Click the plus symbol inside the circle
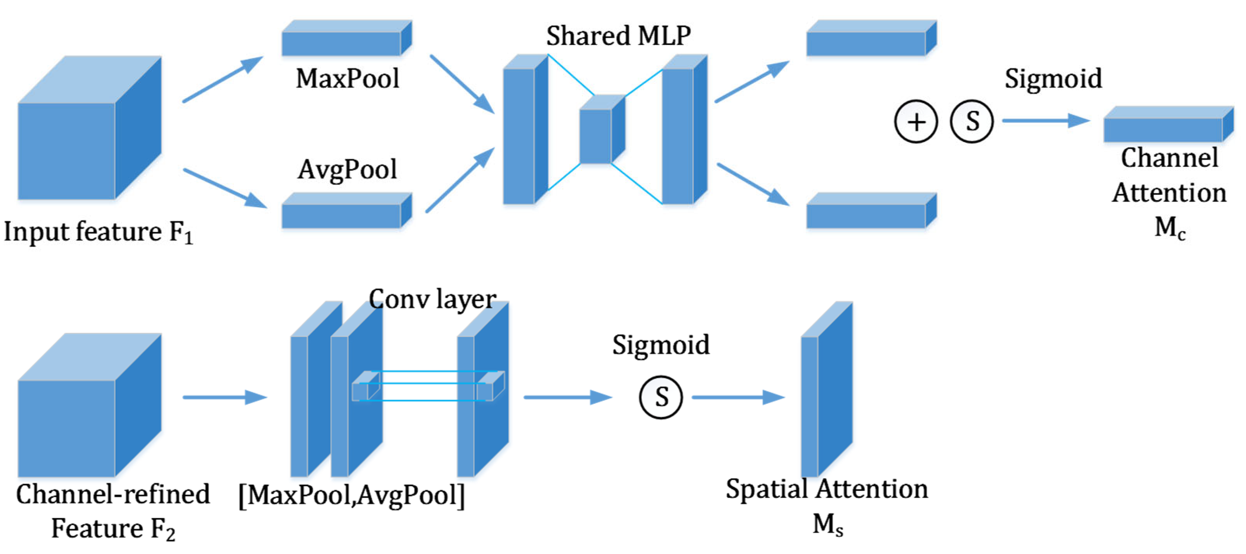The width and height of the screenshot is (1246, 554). [916, 121]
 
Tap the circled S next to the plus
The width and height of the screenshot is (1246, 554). [972, 121]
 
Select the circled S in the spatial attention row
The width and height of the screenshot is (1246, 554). [661, 398]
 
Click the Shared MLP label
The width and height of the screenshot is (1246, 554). [618, 36]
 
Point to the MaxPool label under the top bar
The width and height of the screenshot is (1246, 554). [347, 78]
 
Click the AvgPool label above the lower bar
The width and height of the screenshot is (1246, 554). [347, 169]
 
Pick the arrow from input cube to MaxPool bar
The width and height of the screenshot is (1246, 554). [223, 79]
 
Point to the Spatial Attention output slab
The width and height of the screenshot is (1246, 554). [825, 392]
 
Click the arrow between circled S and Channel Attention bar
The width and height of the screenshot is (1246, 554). [1045, 121]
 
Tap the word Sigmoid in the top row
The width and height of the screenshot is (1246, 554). [1053, 78]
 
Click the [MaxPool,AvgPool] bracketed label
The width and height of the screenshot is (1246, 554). [351, 495]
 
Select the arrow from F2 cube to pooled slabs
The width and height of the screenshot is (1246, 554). [225, 398]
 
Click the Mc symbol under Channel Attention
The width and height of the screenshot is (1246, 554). [1170, 227]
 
